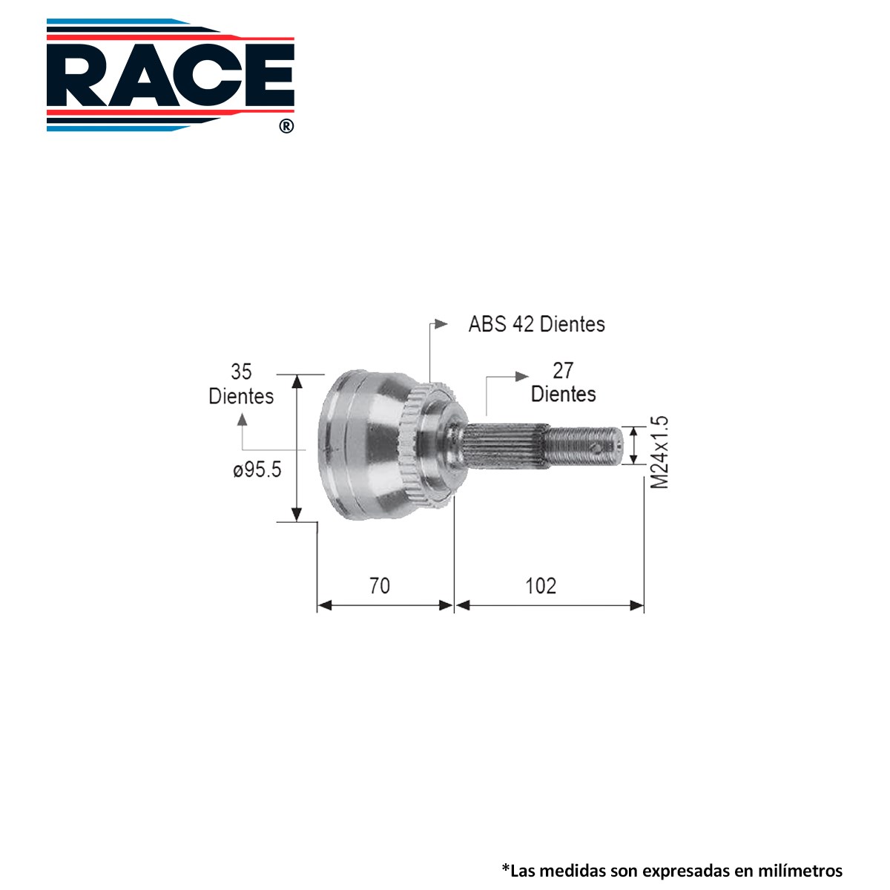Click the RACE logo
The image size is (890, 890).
point(171,76)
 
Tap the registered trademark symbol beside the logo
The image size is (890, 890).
point(286,126)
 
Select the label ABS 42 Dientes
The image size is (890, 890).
point(536,324)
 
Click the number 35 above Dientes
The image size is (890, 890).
point(241,372)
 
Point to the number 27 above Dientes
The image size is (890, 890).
point(563,370)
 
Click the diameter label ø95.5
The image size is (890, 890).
point(257,469)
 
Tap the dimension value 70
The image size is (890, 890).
point(380,586)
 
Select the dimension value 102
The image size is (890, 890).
point(541,586)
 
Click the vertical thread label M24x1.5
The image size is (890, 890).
point(659,452)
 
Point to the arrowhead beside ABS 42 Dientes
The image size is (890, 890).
point(441,324)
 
